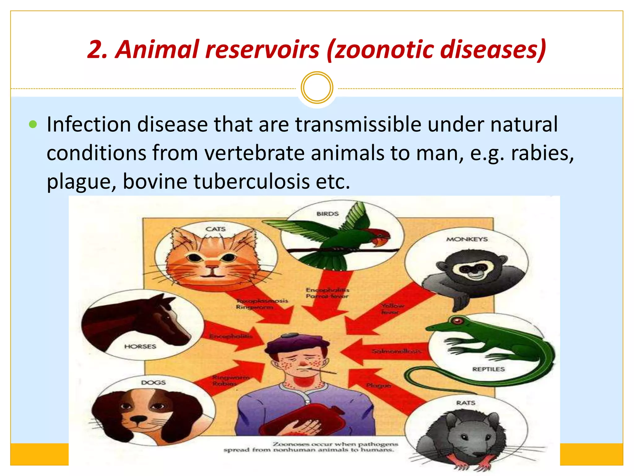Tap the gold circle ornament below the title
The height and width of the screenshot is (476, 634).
(x=317, y=88)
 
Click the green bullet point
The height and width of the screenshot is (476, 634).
(x=33, y=125)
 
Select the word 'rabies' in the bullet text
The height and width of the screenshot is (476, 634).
(x=542, y=153)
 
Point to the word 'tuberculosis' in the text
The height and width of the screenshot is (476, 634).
(x=251, y=181)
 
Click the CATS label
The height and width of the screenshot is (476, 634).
(x=215, y=229)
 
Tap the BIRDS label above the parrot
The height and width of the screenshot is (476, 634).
(x=328, y=214)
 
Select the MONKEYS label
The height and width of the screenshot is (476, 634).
(x=467, y=239)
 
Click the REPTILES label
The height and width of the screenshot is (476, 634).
(x=488, y=369)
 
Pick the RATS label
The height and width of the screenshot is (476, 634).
(x=466, y=403)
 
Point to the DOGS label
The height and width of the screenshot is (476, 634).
(x=153, y=383)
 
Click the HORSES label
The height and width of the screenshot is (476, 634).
(x=140, y=346)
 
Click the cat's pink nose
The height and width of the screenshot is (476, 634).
(x=212, y=267)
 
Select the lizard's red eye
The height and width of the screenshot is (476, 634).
(x=457, y=321)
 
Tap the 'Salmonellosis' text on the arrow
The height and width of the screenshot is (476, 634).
(x=396, y=351)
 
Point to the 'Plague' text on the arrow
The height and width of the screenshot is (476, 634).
(x=378, y=386)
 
